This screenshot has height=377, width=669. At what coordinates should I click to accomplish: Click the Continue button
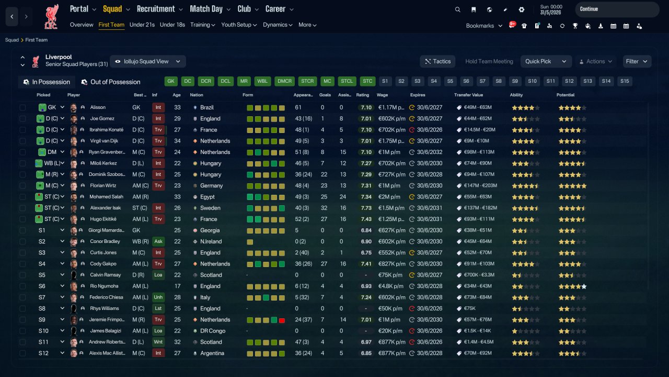(617, 9)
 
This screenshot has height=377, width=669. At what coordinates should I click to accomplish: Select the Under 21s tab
(142, 25)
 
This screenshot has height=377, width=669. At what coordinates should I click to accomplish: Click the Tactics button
(437, 61)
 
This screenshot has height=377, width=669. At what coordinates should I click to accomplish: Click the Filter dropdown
(637, 61)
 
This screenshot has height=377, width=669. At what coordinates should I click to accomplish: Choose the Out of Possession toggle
(111, 82)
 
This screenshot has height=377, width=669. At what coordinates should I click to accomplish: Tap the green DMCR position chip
(284, 81)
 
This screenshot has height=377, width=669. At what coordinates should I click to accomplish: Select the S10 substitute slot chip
(532, 81)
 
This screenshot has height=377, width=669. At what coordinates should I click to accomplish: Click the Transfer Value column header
(468, 95)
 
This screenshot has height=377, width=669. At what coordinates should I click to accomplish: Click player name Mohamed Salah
(106, 196)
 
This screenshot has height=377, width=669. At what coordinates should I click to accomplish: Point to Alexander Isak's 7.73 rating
(366, 208)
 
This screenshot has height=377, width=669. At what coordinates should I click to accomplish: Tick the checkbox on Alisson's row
(22, 107)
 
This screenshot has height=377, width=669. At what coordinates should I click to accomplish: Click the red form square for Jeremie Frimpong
(282, 320)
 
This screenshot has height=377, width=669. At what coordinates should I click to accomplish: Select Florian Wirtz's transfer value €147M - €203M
(480, 185)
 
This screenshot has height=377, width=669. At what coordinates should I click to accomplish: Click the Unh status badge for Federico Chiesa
(158, 297)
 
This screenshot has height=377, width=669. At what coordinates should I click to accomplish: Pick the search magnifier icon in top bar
(457, 9)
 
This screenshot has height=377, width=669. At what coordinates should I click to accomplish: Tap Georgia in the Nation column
(210, 230)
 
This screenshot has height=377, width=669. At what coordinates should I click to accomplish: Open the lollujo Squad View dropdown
(148, 61)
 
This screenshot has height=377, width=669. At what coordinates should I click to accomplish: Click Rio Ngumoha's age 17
(177, 286)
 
